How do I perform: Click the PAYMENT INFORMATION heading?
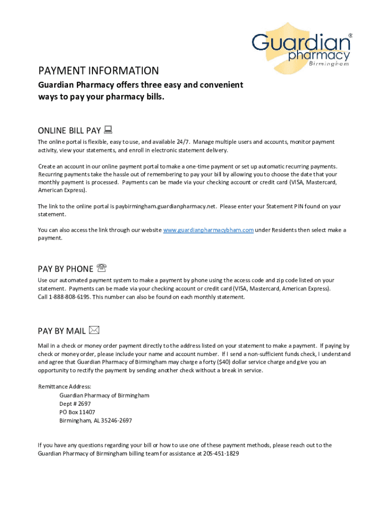99,71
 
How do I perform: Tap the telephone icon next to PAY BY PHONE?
101,268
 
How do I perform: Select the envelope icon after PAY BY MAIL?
93,330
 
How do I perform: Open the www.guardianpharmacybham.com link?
208,230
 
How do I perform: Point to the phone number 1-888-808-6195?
70,297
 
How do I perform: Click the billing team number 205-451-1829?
221,453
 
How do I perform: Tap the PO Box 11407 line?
77,412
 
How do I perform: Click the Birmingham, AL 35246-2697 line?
95,420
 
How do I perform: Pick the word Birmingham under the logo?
329,64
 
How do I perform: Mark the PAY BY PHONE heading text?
66,269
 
